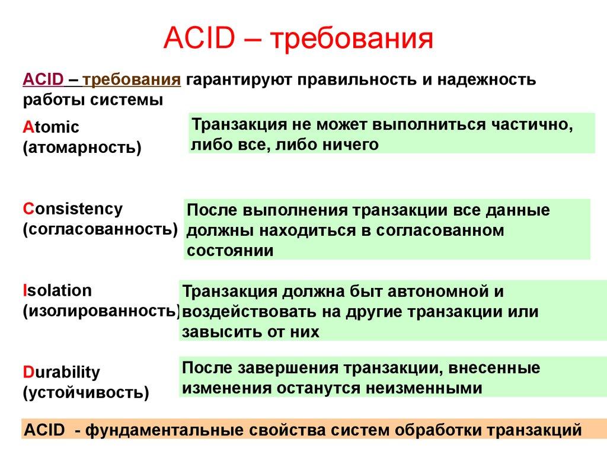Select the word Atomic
tap(51, 127)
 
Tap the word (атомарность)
tap(82, 147)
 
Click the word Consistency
tap(73, 209)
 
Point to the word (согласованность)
tap(100, 229)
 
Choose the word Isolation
tap(57, 290)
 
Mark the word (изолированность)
tap(101, 310)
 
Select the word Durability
tap(62, 373)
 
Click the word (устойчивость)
tap(86, 392)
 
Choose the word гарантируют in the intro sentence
tap(239, 79)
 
